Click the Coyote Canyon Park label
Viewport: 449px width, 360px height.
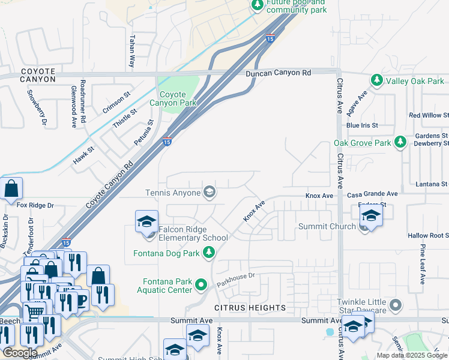pyautogui.click(x=178, y=98)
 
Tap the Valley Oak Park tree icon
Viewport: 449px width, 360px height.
pyautogui.click(x=377, y=80)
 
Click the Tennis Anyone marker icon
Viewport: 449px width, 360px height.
pyautogui.click(x=209, y=193)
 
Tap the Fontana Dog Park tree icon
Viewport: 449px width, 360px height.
pyautogui.click(x=209, y=253)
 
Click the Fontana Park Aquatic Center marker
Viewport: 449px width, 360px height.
pyautogui.click(x=202, y=284)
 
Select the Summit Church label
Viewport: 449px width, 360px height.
pyautogui.click(x=327, y=226)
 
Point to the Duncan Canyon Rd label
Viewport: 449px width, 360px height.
pyautogui.click(x=278, y=73)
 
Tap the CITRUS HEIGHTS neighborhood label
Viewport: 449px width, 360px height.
pyautogui.click(x=251, y=308)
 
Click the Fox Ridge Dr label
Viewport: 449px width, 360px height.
pyautogui.click(x=35, y=205)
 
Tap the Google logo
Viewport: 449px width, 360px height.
pyautogui.click(x=20, y=353)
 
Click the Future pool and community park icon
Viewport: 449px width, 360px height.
pyautogui.click(x=258, y=5)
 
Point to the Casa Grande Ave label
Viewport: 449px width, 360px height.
pyautogui.click(x=372, y=194)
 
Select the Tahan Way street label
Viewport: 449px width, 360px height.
pyautogui.click(x=132, y=50)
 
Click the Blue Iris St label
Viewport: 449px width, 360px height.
pyautogui.click(x=362, y=125)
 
